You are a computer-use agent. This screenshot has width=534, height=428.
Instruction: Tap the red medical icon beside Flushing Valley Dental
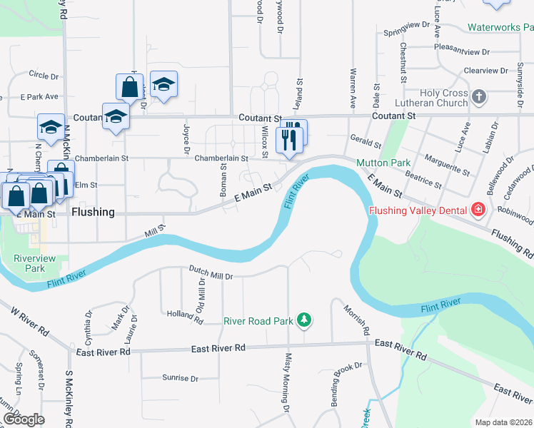click(x=478, y=210)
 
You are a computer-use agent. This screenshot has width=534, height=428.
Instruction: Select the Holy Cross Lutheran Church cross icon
click(x=479, y=96)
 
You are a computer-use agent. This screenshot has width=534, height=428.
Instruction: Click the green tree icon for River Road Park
click(x=304, y=321)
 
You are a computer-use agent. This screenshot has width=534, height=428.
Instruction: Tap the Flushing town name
click(x=93, y=213)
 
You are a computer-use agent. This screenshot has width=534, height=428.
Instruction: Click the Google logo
click(x=24, y=419)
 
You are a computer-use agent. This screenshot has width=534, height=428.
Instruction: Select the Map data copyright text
click(x=503, y=422)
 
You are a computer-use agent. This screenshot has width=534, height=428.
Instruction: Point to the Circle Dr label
click(x=43, y=74)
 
